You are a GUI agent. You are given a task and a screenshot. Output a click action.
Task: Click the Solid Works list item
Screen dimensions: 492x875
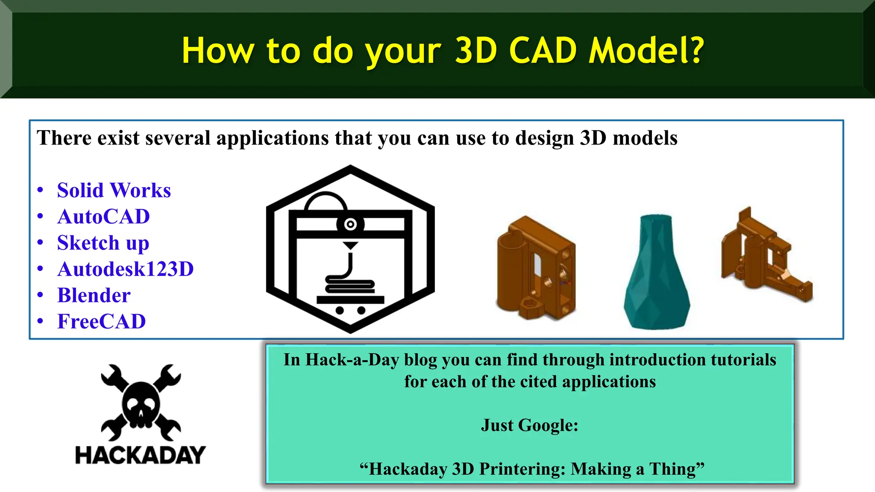coord(114,190)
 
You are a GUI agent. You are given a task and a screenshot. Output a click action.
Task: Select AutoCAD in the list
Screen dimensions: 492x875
coord(103,217)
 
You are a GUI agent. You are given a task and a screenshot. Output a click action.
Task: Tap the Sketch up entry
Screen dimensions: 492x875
coord(103,243)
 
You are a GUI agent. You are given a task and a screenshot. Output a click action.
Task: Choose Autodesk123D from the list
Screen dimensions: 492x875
coord(125,269)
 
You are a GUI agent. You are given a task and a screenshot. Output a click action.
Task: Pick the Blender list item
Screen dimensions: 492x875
coord(94,296)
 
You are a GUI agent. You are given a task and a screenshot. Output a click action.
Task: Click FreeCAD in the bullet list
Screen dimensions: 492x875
coord(101,322)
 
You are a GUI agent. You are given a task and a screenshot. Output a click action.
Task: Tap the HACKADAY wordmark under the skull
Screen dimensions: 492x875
coord(140,455)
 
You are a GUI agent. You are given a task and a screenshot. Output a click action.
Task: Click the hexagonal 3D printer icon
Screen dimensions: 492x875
coord(350,249)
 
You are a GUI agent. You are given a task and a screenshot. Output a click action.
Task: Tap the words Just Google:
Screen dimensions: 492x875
coord(529,425)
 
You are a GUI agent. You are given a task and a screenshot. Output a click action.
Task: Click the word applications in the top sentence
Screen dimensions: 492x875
coord(273,138)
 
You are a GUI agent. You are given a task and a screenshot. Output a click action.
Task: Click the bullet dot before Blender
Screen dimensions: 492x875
coord(40,295)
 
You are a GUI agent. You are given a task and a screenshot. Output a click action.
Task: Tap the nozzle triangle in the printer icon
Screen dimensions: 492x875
coord(350,246)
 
